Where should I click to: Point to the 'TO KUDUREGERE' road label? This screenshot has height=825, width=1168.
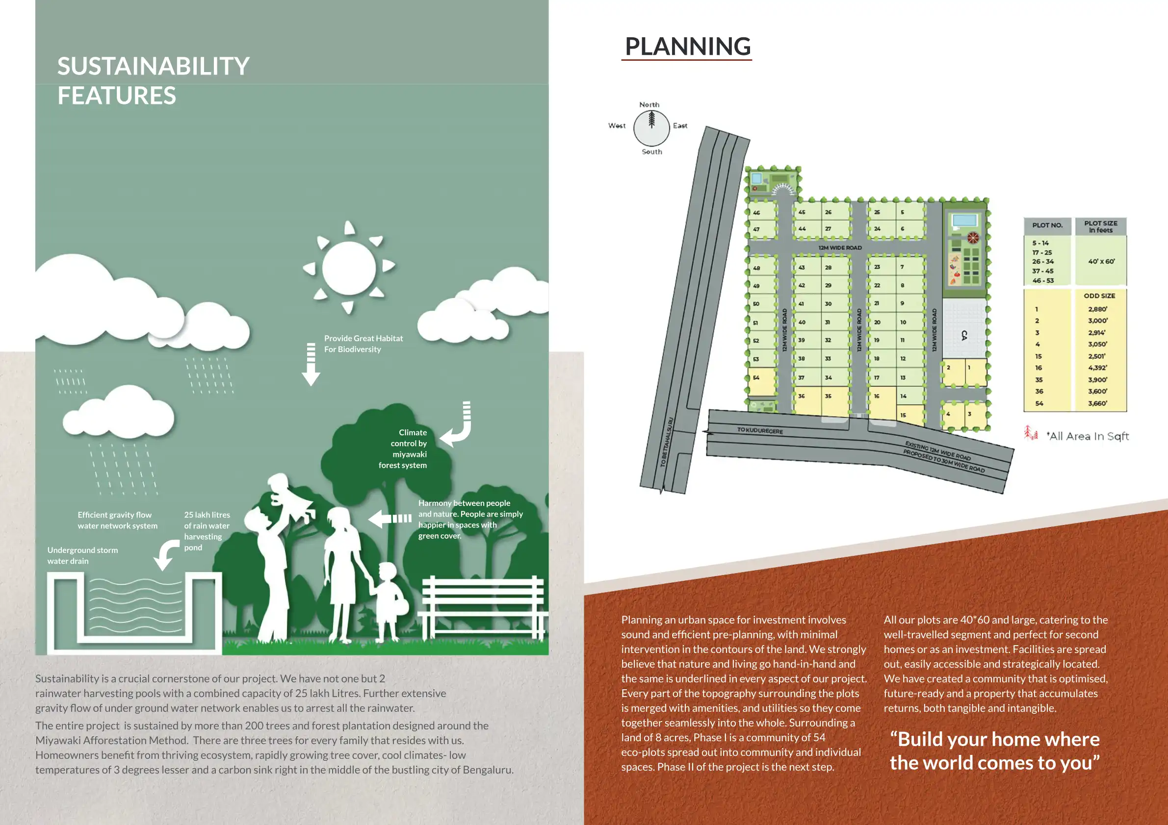click(760, 430)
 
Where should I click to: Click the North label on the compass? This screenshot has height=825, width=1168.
click(649, 105)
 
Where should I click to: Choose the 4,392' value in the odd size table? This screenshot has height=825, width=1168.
click(1098, 368)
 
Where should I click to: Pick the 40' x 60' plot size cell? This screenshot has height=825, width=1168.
click(1101, 261)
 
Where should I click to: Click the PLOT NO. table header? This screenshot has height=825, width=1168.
click(1047, 225)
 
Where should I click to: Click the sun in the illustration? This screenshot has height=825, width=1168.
click(349, 268)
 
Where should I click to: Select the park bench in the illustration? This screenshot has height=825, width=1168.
click(482, 605)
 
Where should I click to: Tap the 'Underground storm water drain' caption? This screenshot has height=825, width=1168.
click(82, 555)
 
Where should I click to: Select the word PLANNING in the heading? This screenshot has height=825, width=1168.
click(687, 47)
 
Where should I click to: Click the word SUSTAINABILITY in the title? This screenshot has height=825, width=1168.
click(153, 67)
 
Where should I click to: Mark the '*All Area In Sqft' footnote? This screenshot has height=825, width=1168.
click(1088, 436)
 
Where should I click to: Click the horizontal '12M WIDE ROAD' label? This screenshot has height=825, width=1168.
click(840, 248)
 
